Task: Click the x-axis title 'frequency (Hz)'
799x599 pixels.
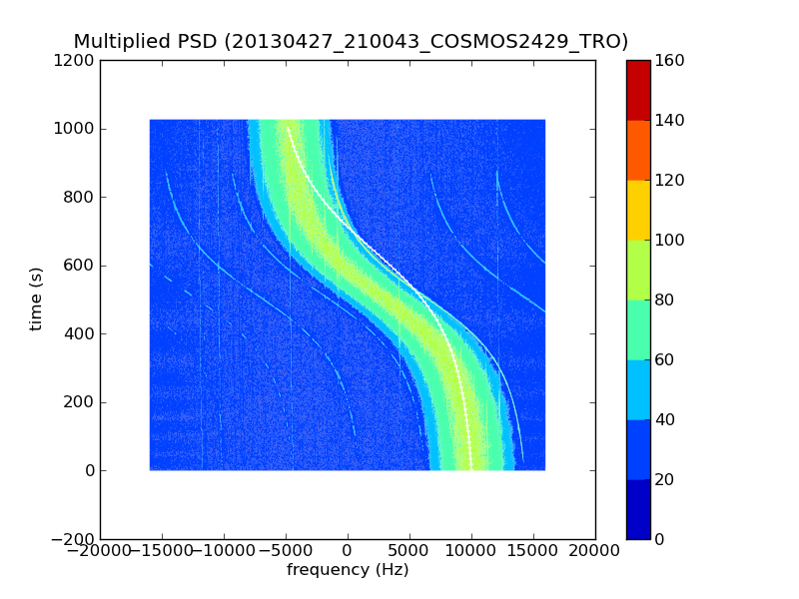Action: point(348,570)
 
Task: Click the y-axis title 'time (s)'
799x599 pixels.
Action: point(37,299)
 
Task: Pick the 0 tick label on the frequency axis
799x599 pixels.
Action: point(348,550)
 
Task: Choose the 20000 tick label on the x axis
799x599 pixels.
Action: point(594,550)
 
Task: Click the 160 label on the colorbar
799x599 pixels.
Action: point(670,61)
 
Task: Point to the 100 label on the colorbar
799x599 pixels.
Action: point(670,241)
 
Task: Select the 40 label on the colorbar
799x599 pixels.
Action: point(666,419)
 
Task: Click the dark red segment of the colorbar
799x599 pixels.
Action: point(638,90)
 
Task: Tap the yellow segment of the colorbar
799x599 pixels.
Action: point(638,210)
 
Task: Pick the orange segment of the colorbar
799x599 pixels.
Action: point(638,150)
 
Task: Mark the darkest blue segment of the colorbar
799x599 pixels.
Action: point(638,509)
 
